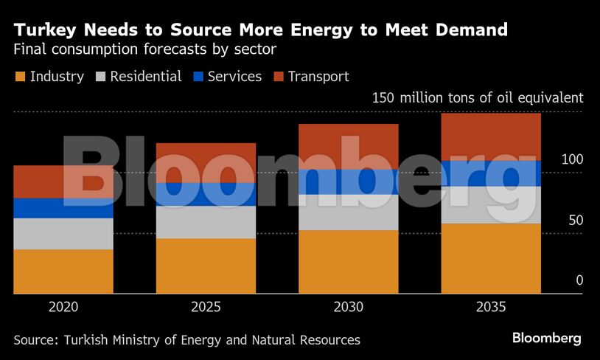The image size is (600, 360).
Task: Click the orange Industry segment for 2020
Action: (63, 271)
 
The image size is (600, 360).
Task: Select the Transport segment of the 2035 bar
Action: (491, 136)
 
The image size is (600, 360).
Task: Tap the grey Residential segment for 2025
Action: (206, 222)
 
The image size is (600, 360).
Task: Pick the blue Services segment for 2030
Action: (349, 181)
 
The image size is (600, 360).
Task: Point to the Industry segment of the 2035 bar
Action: (491, 258)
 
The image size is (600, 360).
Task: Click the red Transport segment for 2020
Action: (63, 181)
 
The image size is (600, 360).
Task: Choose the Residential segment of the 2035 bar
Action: (491, 204)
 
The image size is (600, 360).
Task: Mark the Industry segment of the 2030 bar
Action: (349, 262)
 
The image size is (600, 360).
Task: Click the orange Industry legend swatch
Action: (19, 77)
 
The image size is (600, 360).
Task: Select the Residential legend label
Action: (146, 77)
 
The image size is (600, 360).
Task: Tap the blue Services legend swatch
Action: (197, 77)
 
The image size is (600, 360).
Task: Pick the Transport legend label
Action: (318, 77)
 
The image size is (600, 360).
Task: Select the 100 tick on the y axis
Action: (572, 159)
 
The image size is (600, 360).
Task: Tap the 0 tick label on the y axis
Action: (579, 280)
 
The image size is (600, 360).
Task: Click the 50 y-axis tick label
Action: (575, 220)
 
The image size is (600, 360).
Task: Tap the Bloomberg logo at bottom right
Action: (546, 339)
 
